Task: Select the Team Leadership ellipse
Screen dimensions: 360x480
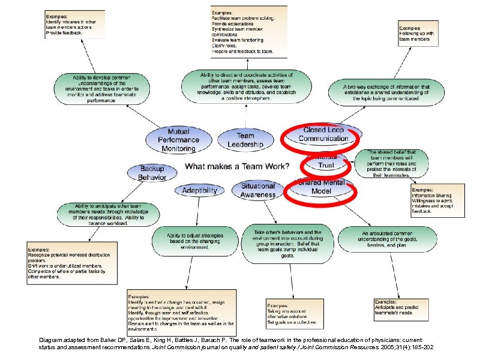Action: click(245, 140)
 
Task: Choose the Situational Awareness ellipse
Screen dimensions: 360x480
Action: click(257, 190)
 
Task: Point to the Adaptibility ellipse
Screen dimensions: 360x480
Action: click(200, 190)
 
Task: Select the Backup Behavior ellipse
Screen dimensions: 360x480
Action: click(152, 173)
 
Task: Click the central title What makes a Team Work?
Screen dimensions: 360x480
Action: click(236, 166)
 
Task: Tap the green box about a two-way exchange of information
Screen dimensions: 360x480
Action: click(386, 91)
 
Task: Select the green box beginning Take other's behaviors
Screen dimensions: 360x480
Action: click(287, 243)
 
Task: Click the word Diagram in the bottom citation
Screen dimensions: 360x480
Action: click(48, 339)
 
